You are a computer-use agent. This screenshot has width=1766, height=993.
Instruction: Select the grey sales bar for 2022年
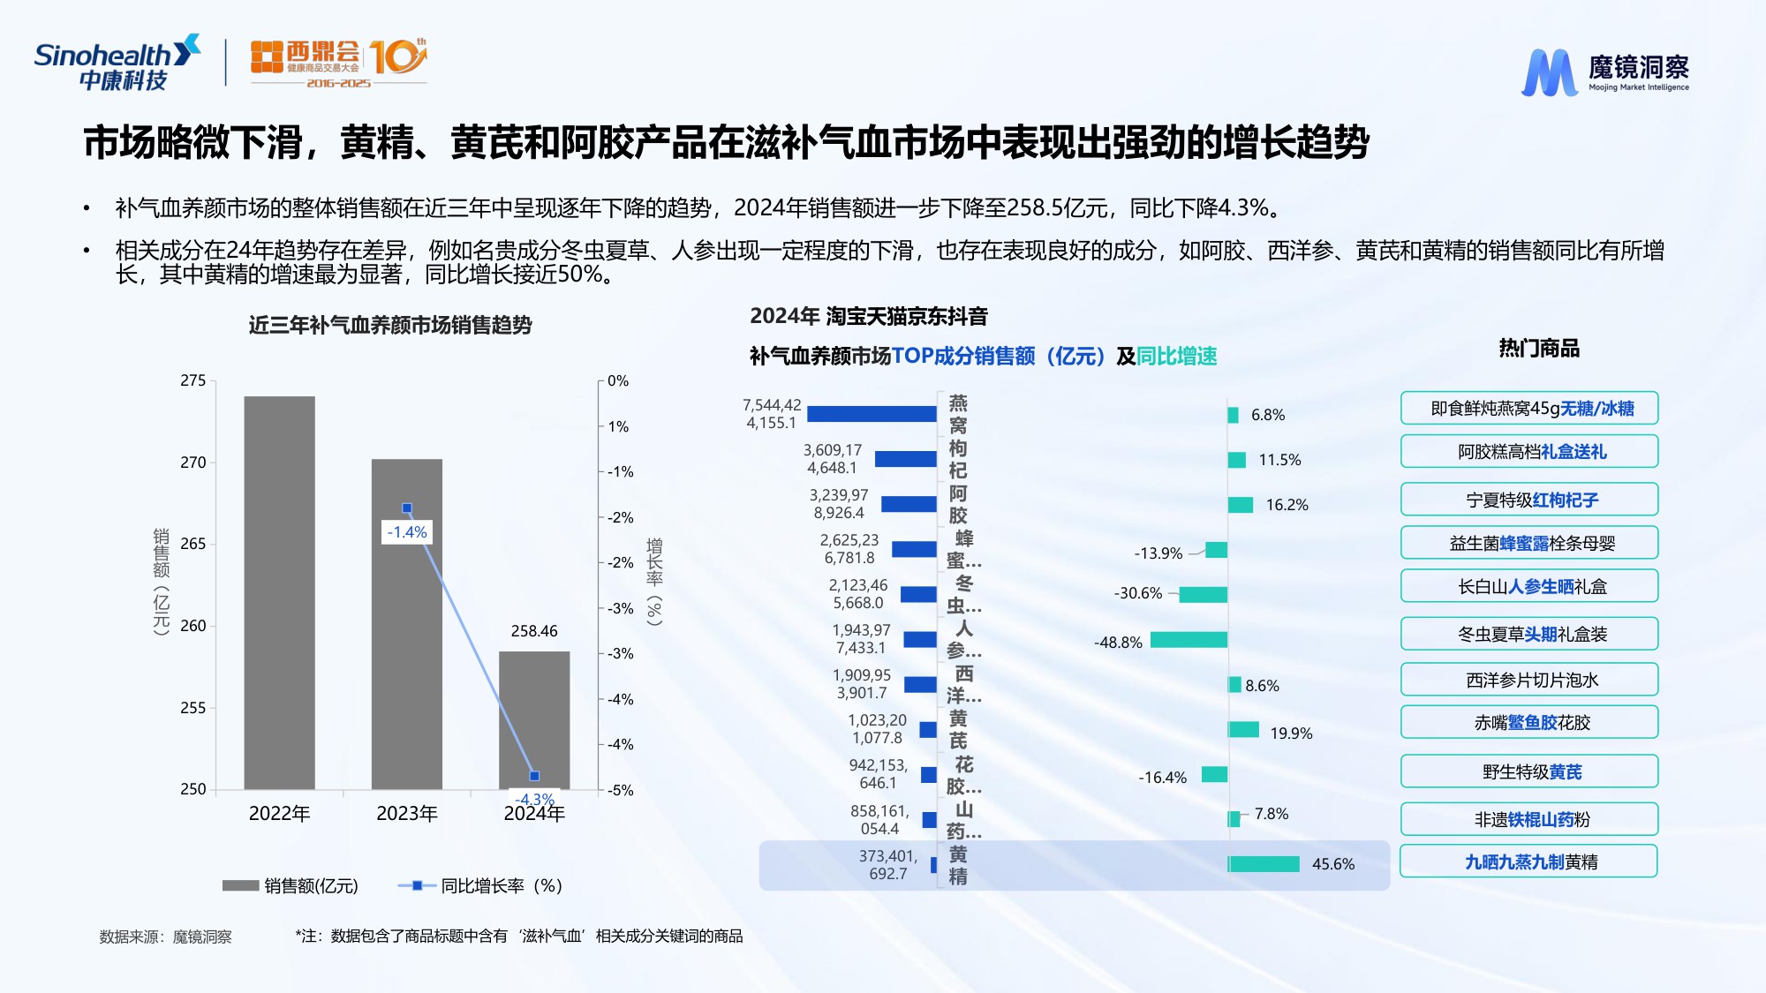click(279, 591)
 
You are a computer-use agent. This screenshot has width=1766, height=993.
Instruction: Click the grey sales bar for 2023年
click(406, 636)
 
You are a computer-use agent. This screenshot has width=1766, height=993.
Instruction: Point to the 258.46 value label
click(534, 631)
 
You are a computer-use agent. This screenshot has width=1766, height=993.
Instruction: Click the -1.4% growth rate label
click(407, 532)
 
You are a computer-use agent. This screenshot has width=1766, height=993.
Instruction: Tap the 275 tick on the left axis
click(192, 380)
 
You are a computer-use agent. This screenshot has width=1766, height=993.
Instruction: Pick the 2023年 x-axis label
click(406, 813)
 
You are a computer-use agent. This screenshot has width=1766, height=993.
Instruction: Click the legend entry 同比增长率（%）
click(481, 885)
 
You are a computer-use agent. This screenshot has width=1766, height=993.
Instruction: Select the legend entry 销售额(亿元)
click(291, 885)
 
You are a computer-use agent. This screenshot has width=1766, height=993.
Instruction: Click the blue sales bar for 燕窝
click(871, 413)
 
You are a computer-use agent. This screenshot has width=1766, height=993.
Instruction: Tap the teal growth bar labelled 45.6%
click(1264, 863)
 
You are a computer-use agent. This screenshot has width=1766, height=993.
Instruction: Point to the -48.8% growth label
click(1118, 643)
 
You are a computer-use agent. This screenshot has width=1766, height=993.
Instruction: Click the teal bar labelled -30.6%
click(1203, 594)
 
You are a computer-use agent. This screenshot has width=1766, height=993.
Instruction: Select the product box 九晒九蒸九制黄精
click(1529, 861)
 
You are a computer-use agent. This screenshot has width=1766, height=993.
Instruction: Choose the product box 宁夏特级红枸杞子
click(1529, 500)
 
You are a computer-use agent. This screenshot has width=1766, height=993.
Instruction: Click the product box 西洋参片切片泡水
click(1529, 680)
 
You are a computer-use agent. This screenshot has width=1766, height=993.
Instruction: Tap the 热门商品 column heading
click(1538, 348)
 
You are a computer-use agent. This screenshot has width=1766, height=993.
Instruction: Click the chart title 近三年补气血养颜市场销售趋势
click(390, 325)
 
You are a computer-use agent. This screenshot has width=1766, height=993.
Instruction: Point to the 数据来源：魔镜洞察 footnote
click(165, 937)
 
